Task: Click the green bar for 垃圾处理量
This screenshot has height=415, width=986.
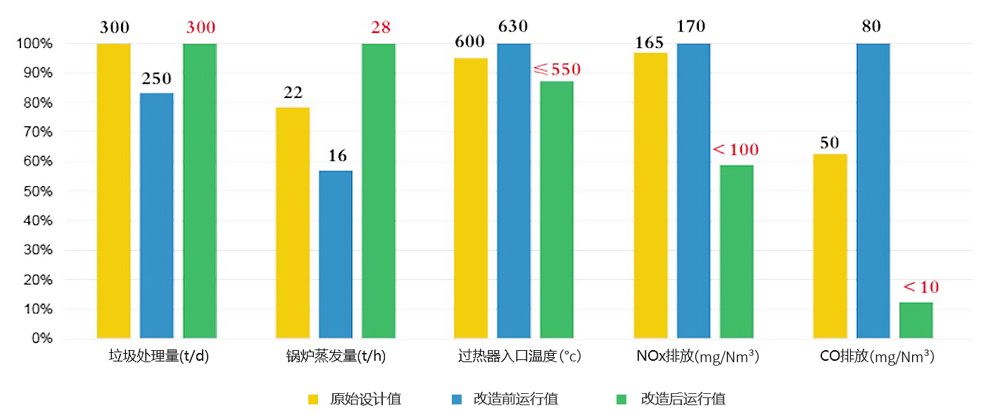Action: pos(200,190)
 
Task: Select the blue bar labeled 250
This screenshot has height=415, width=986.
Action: pos(156,215)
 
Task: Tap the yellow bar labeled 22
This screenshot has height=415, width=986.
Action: pos(293,223)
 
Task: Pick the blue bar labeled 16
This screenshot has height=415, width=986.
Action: pos(336,254)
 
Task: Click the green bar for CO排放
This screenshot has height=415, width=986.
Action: pos(916,321)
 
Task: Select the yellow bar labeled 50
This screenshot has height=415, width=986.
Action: pos(830,246)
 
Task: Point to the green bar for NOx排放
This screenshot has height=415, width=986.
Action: pos(736,252)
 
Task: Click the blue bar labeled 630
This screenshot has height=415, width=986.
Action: pos(514,190)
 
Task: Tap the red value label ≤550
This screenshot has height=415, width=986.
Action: pos(557,70)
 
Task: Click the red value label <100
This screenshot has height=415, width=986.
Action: pos(735,150)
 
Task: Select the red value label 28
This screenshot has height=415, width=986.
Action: pos(380,28)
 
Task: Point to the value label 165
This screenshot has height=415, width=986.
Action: pos(649,43)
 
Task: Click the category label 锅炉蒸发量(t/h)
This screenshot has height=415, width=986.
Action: pos(336,357)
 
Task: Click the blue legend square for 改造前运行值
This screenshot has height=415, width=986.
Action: pos(456,399)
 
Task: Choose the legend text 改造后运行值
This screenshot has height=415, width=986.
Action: pos(683,399)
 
